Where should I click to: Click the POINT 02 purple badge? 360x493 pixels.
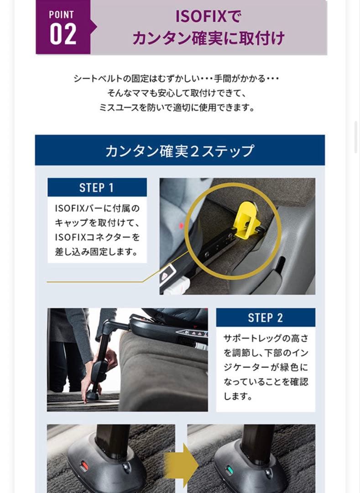point(63,27)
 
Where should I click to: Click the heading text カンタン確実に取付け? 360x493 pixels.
point(209,38)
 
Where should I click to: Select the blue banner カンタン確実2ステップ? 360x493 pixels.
point(180,150)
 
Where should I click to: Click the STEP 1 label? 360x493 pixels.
point(97,188)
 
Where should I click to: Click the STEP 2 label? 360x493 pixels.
point(265,318)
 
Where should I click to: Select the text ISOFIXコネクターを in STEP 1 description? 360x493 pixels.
point(97,237)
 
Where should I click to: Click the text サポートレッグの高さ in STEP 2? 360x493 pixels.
point(265,338)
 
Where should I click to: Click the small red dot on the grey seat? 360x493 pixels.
point(181,226)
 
